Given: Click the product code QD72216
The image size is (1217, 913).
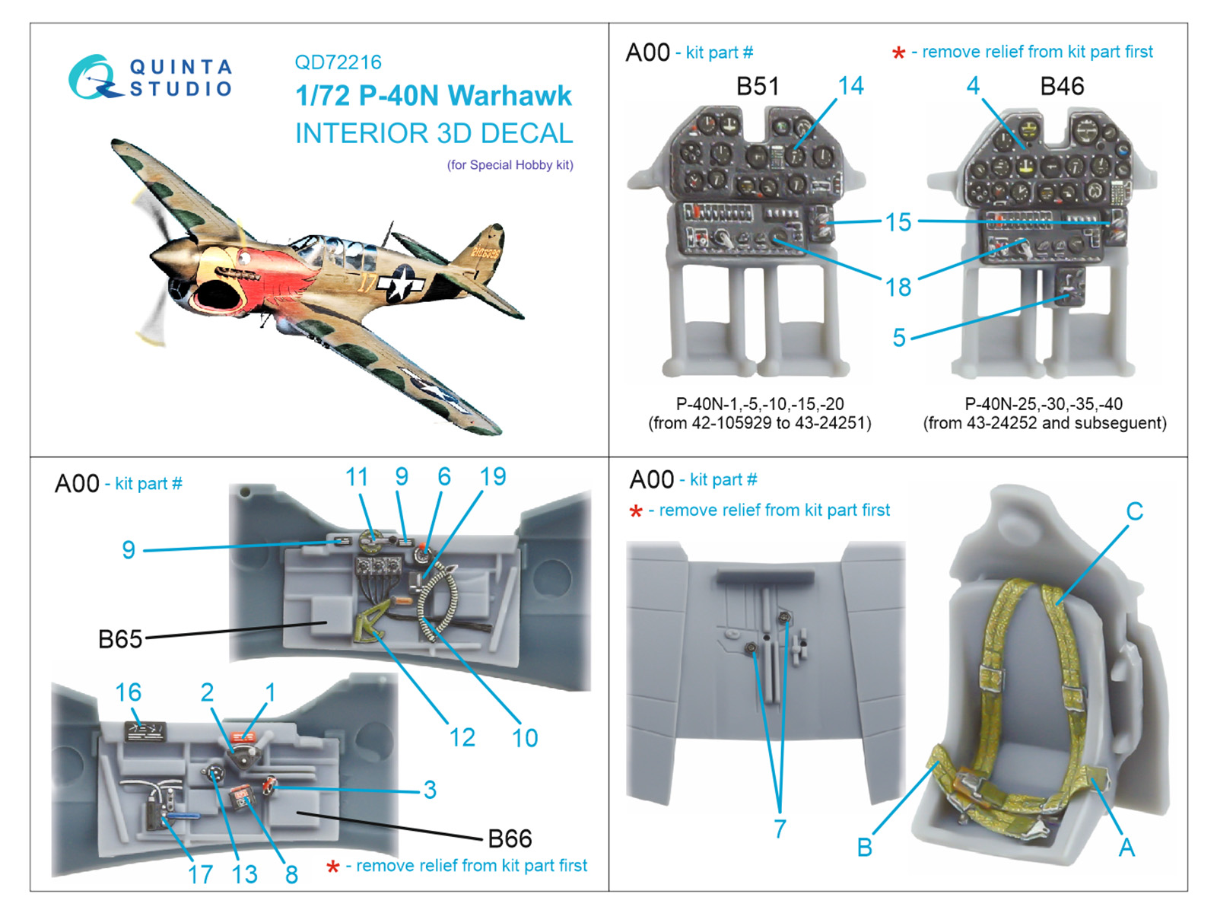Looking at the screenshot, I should click(338, 62).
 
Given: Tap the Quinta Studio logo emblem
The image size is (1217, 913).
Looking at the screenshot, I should click(93, 78).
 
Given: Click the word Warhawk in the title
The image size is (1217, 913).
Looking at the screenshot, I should click(509, 96).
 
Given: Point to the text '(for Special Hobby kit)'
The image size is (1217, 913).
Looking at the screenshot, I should click(510, 165).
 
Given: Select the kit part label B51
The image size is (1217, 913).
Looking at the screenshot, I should click(758, 87).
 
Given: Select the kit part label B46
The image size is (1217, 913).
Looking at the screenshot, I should click(1062, 87).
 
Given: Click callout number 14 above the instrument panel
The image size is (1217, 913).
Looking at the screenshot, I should click(850, 86).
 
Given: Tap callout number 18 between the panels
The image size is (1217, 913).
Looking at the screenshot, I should click(898, 288).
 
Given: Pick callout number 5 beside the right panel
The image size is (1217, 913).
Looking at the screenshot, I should click(899, 337).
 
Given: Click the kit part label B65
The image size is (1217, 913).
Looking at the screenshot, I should click(120, 639).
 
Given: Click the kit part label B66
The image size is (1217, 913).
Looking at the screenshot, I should click(510, 838).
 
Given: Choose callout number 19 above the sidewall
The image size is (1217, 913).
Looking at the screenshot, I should click(493, 477).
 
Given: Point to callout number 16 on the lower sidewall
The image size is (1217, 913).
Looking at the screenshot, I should click(128, 692).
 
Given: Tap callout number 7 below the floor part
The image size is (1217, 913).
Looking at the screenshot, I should click(780, 829).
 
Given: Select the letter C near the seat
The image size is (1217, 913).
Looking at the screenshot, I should click(1134, 511).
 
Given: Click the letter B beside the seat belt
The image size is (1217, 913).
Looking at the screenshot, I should click(865, 848).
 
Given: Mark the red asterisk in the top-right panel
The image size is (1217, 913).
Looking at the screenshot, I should click(898, 53).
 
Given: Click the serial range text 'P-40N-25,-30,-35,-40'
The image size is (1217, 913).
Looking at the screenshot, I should click(1044, 404).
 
